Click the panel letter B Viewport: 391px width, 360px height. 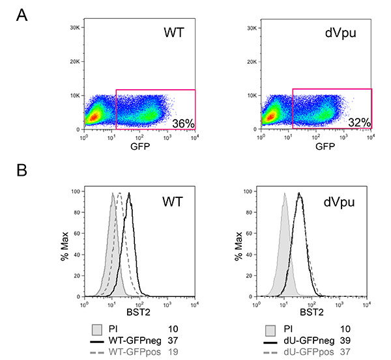[22, 171]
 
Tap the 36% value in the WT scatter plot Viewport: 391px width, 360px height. [182, 122]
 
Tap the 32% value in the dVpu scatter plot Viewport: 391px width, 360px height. [358, 122]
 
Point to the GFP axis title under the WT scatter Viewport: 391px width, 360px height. [139, 146]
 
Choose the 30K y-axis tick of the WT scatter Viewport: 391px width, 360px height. [74, 28]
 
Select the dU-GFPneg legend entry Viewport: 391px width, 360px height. [307, 340]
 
